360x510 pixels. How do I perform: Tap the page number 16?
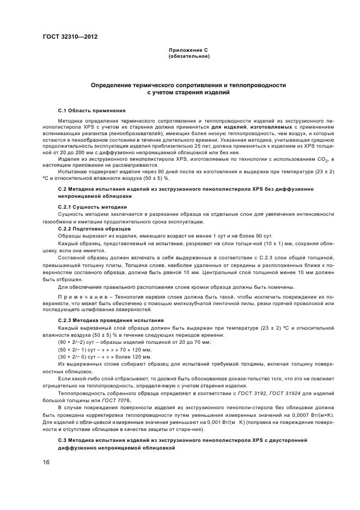click(x=46, y=462)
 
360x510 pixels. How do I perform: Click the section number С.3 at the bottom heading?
click(x=63, y=439)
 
